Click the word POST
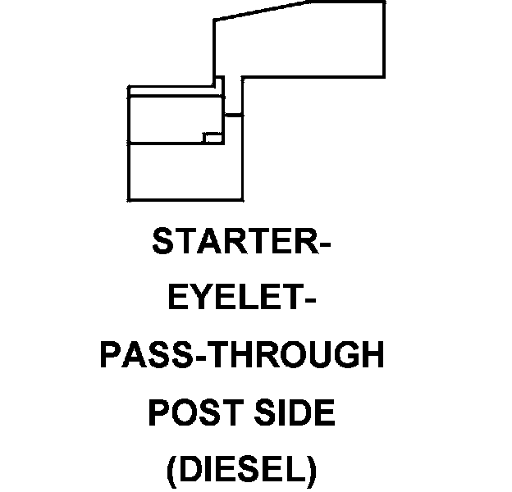190,413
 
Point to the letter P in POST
157,413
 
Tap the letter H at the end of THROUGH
372,357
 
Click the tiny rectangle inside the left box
212,137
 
